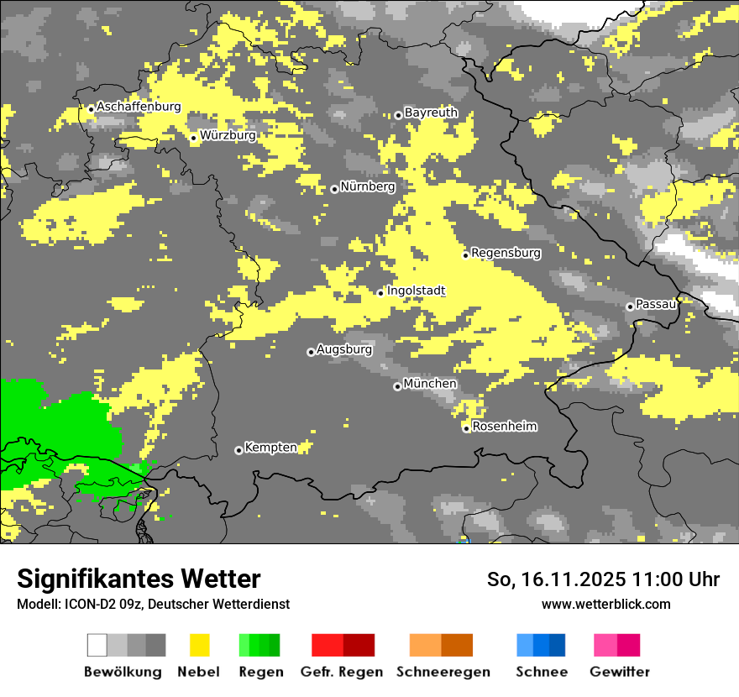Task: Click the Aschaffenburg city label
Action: pos(139,107)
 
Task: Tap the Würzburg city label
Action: pos(228,135)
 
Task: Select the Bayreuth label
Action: pos(431,113)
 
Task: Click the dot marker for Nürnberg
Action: pos(334,189)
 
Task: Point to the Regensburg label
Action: pos(506,253)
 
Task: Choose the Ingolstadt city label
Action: pos(416,291)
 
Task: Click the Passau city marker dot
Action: pos(630,307)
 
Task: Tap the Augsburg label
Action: pos(344,349)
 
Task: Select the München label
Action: pos(430,384)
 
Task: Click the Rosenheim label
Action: pos(505,427)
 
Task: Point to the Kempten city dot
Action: pos(238,451)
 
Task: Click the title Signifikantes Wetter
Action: pos(139,579)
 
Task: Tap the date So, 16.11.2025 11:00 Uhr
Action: pos(603,579)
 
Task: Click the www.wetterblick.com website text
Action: pos(605,604)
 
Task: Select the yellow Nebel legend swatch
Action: pos(199,645)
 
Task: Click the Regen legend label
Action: pos(260,672)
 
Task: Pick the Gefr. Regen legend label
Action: pos(342,672)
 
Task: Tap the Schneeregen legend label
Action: pos(443,672)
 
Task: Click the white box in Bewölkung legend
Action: pos(97,645)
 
